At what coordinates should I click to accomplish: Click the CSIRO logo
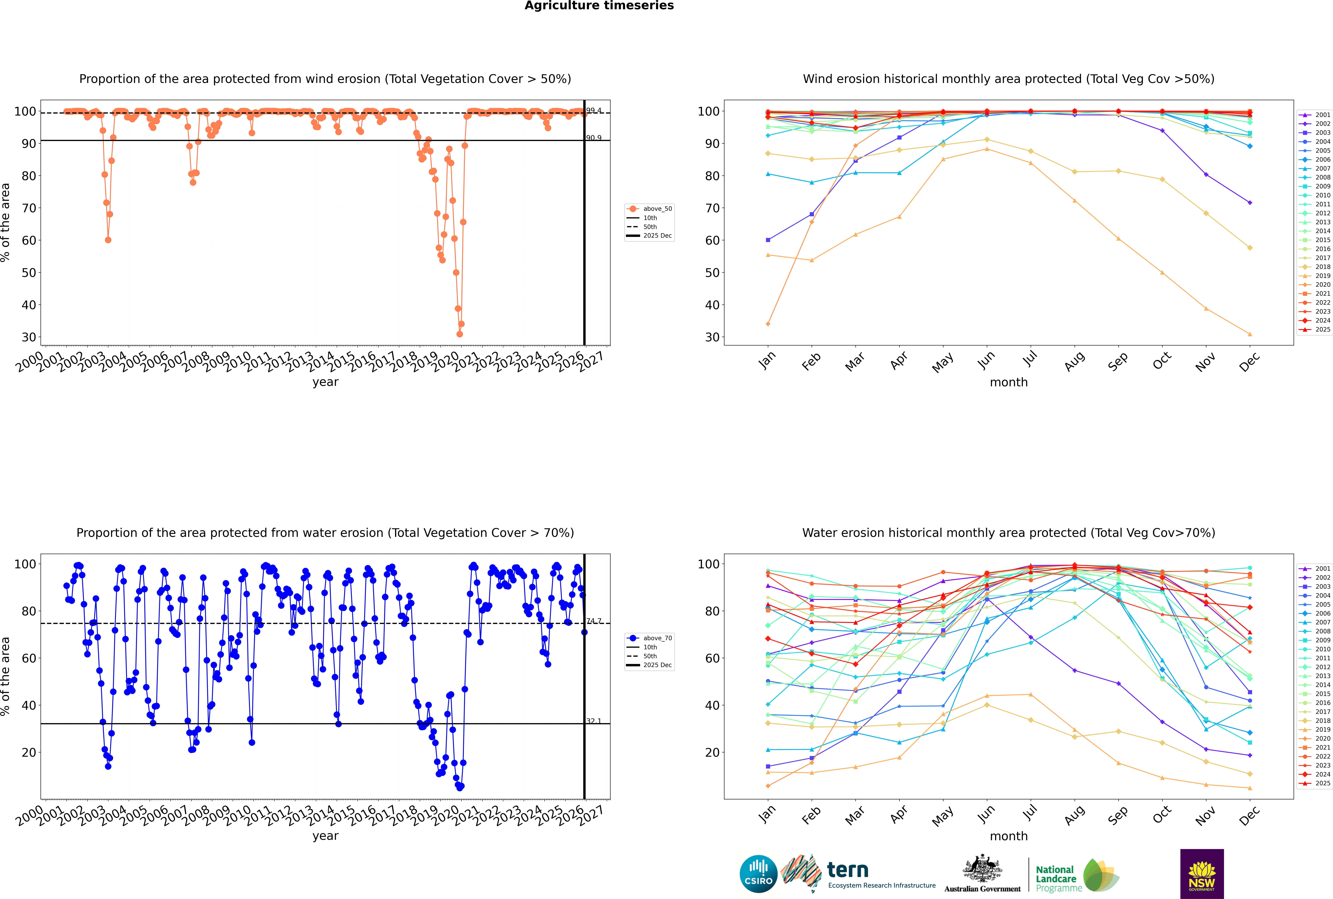coord(758,874)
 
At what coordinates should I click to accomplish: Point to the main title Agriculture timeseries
coord(599,6)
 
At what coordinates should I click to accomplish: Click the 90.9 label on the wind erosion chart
coord(594,138)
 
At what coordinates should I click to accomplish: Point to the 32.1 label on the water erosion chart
coord(594,721)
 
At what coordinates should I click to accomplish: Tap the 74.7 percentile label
coord(594,621)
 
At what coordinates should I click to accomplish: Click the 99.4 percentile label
coord(594,111)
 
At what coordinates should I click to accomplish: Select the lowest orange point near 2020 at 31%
coord(460,334)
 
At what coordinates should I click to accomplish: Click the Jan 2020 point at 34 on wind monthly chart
coord(768,324)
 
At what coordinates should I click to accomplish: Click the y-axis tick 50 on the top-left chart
coord(29,273)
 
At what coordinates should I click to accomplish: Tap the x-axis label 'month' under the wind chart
coord(1009,382)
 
